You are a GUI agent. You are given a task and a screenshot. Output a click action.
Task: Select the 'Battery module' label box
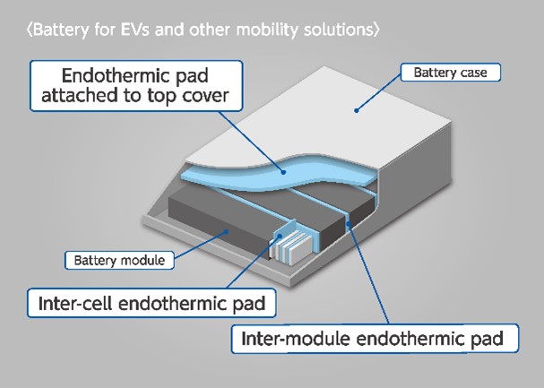pos(120,261)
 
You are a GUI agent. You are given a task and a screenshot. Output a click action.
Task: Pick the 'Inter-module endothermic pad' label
pos(376,340)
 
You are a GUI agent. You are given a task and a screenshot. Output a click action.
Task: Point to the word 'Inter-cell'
pos(77,303)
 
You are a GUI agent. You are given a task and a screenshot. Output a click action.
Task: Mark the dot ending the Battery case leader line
pos(357,111)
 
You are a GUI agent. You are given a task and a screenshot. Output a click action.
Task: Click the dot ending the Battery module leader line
pos(229,231)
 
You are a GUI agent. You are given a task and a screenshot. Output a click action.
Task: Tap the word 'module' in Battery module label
pos(144,261)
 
